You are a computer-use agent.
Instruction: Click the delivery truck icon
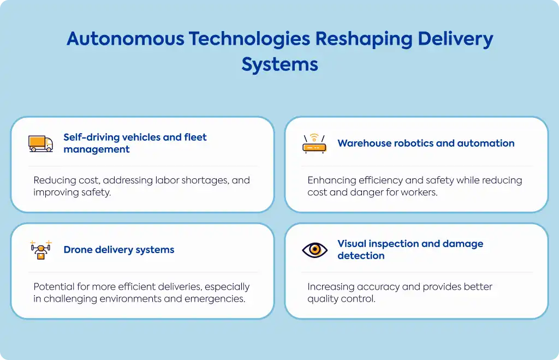pos(40,143)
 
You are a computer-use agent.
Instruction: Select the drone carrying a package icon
pos(41,250)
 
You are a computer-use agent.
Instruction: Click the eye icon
pos(314,250)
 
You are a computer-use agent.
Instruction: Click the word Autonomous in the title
pos(126,39)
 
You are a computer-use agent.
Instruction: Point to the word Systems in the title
pos(280,65)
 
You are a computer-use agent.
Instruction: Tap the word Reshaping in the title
pos(364,39)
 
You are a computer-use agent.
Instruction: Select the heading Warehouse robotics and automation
pos(426,143)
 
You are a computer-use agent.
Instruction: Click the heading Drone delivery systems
pos(118,250)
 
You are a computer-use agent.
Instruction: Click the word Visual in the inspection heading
pos(352,244)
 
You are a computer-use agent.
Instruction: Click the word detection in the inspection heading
pos(361,256)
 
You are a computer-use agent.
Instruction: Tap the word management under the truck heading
pos(97,149)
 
